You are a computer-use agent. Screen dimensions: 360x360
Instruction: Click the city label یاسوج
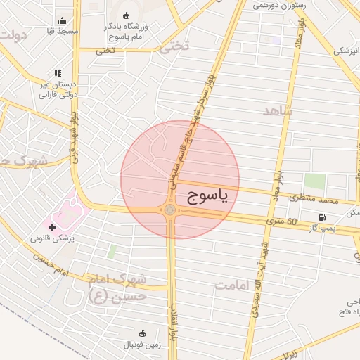pyautogui.click(x=208, y=198)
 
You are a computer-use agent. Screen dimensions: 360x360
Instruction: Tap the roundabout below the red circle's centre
pyautogui.click(x=170, y=210)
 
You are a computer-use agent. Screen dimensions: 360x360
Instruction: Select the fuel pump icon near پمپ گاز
pyautogui.click(x=322, y=217)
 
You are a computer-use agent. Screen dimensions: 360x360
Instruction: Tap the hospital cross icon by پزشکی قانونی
pyautogui.click(x=52, y=227)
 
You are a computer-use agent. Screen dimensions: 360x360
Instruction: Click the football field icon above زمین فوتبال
pyautogui.click(x=143, y=333)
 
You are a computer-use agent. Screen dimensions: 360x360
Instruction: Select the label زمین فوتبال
pyautogui.click(x=143, y=344)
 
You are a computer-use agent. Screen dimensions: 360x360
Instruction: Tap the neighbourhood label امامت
pyautogui.click(x=233, y=285)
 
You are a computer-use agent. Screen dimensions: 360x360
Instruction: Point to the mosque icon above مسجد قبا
pyautogui.click(x=62, y=20)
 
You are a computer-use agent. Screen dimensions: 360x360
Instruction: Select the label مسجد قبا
pyautogui.click(x=62, y=32)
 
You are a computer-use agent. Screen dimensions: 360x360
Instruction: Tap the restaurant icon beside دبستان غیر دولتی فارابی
pyautogui.click(x=58, y=73)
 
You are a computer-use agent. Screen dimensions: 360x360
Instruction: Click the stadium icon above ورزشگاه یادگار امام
pyautogui.click(x=126, y=15)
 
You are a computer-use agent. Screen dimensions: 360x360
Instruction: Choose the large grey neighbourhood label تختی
pyautogui.click(x=174, y=47)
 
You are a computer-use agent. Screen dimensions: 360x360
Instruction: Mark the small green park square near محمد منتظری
pyautogui.click(x=315, y=181)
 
